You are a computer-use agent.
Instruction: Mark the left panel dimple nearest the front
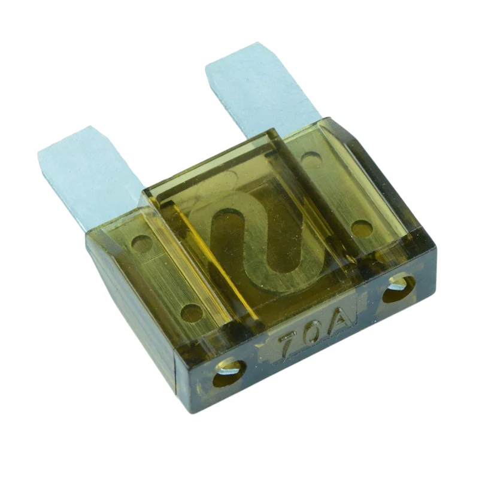[x=191, y=312]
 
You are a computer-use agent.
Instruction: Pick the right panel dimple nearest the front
[x=360, y=228]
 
